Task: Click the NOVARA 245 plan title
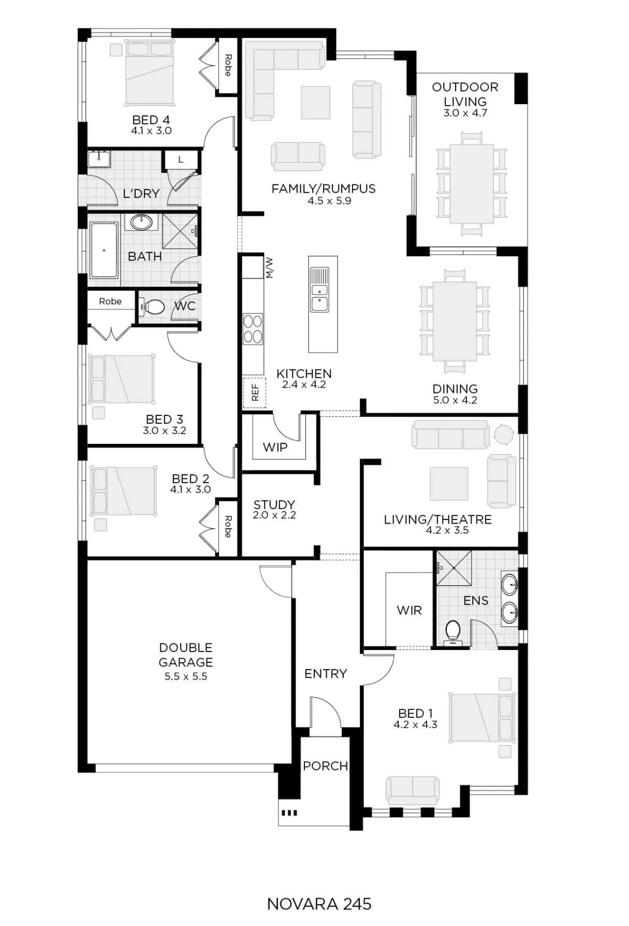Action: point(319,904)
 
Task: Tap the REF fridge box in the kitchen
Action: point(255,393)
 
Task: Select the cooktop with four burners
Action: point(253,329)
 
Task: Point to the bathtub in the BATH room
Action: point(104,250)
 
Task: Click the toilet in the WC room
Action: point(152,308)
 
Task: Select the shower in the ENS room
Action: point(454,568)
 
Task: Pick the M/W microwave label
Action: point(269,268)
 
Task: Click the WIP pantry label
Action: point(275,447)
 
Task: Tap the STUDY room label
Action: point(274,504)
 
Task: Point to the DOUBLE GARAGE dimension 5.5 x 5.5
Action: point(186,676)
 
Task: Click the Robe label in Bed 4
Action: point(228,65)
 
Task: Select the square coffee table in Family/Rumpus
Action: point(316,103)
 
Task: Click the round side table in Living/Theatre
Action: point(503,434)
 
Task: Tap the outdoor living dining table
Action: point(472,183)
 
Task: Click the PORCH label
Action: point(326,766)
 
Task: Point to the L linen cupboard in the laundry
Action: point(181,160)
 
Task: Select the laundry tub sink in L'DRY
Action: point(99,159)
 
